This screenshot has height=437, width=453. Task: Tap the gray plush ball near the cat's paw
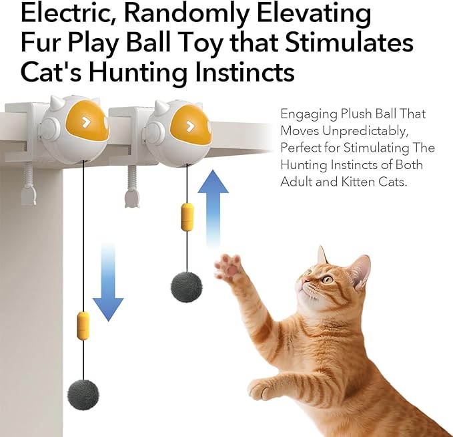pyautogui.click(x=186, y=285)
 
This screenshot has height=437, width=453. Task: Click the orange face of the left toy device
pyautogui.click(x=87, y=122)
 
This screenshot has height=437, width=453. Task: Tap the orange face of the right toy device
pyautogui.click(x=189, y=125)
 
